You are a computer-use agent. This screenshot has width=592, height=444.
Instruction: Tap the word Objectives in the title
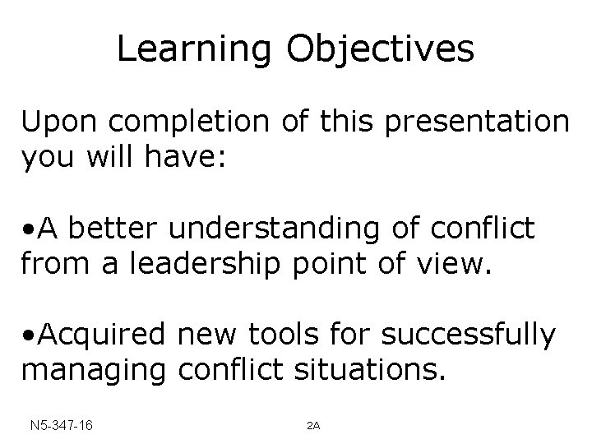pyautogui.click(x=380, y=49)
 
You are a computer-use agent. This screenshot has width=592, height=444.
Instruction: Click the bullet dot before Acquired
pyautogui.click(x=28, y=337)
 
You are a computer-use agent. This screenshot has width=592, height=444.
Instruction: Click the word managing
pyautogui.click(x=93, y=372)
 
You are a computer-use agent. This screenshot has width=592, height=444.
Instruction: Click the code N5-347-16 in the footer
pyautogui.click(x=58, y=425)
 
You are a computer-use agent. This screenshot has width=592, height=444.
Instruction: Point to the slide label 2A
pyautogui.click(x=312, y=426)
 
